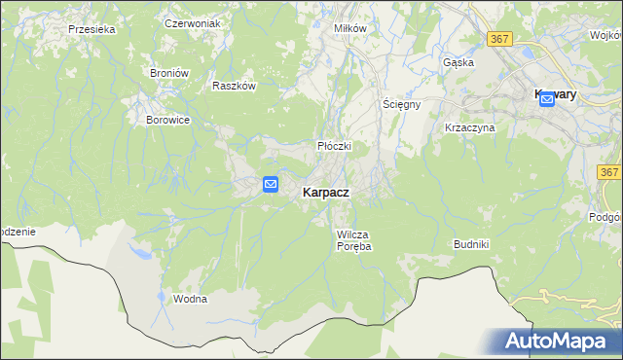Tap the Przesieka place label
[92, 29]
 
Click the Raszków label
[234, 86]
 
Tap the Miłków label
[349, 28]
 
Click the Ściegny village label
[400, 104]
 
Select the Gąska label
[458, 62]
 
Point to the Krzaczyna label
[470, 127]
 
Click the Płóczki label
[333, 146]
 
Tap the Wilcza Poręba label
[354, 240]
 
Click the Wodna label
[190, 299]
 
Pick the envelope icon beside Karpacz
[271, 184]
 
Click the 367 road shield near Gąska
[500, 38]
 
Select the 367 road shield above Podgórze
[609, 172]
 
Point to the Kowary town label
[556, 95]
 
